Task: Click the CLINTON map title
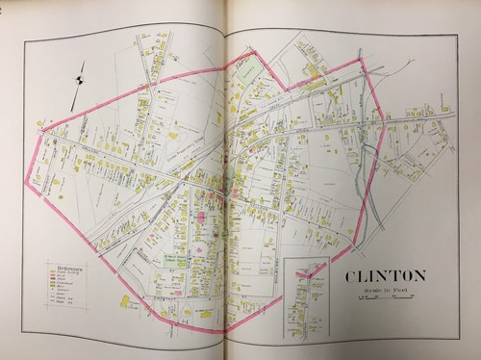(381, 278)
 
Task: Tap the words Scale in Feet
(381, 292)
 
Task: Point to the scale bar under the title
(381, 298)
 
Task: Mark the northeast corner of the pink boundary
(360, 59)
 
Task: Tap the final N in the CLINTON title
(420, 278)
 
